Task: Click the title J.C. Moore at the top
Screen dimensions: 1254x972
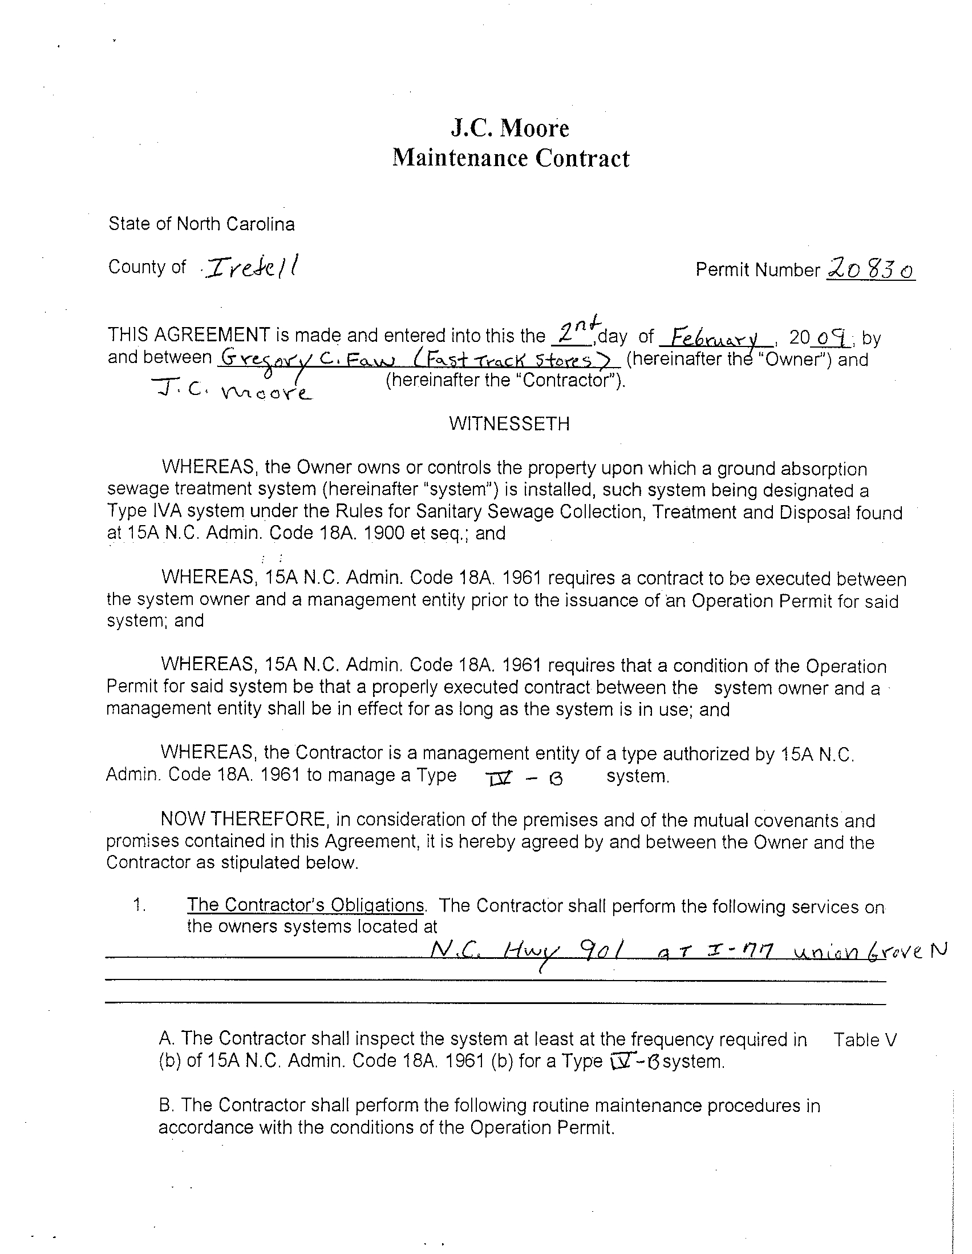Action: (510, 128)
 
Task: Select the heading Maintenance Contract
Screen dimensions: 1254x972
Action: (511, 158)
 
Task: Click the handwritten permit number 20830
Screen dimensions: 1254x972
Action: (870, 269)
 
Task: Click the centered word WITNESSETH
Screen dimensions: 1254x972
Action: (509, 424)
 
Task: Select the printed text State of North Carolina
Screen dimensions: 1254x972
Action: (201, 224)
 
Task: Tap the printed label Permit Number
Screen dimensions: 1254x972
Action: (758, 269)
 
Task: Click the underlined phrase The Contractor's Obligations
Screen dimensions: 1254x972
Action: (306, 905)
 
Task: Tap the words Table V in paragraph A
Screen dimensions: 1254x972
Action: (865, 1040)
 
